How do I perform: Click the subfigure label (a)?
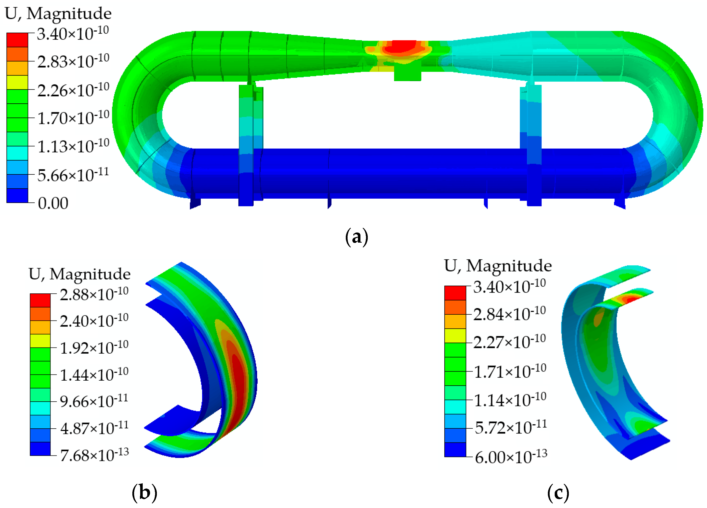click(x=357, y=237)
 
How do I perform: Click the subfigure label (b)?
click(x=144, y=493)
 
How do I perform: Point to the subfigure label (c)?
click(x=558, y=493)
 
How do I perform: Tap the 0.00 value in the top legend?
click(x=53, y=203)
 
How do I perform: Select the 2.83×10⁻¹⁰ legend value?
click(x=73, y=61)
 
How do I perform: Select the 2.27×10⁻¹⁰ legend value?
click(x=510, y=341)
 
